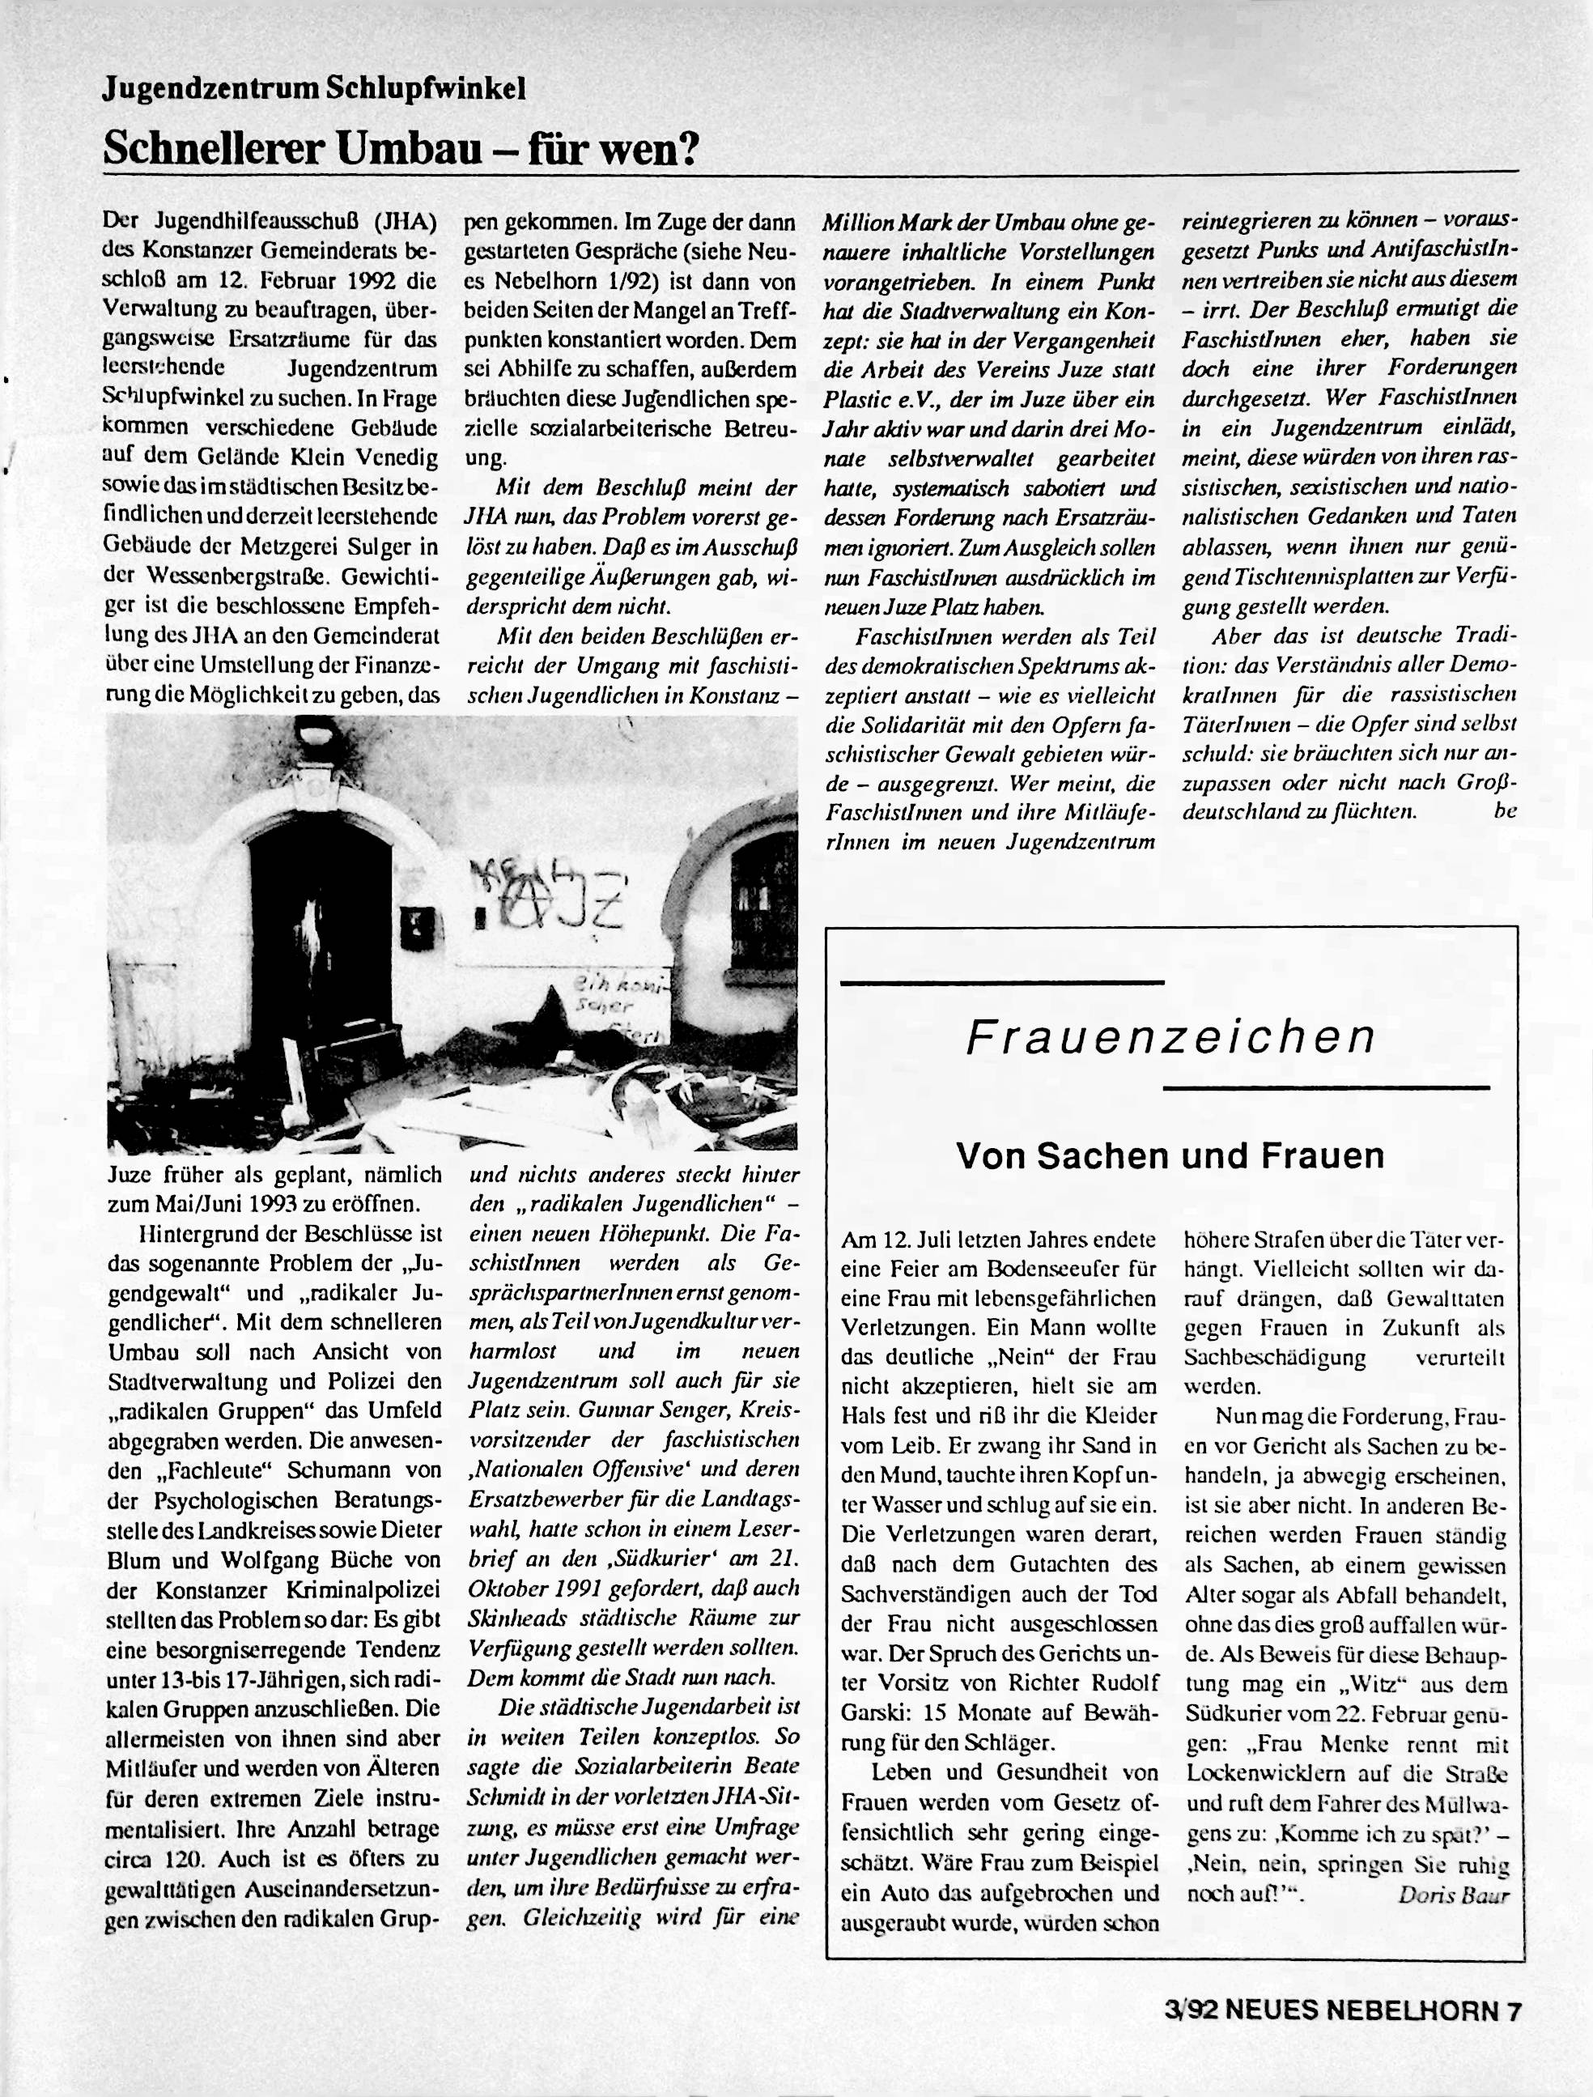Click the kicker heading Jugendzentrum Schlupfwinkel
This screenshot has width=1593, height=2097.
point(314,89)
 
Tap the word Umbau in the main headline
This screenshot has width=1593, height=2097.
point(411,148)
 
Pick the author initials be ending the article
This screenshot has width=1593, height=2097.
point(1505,811)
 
